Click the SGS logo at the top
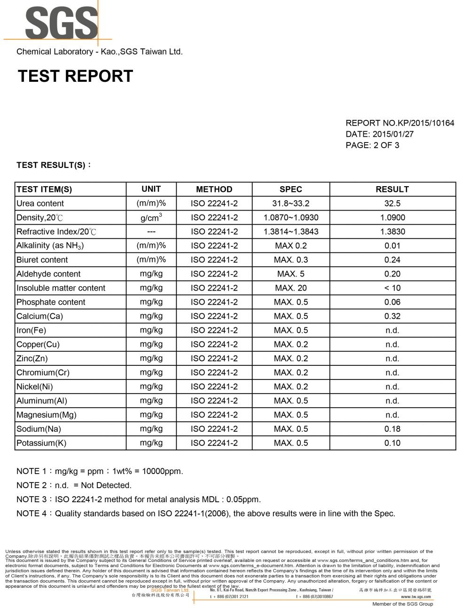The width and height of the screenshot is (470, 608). pyautogui.click(x=61, y=22)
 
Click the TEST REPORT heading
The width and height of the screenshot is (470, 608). pyautogui.click(x=75, y=76)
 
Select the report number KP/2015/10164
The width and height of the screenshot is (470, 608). pyautogui.click(x=426, y=123)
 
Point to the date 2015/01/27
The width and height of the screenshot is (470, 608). pyautogui.click(x=393, y=134)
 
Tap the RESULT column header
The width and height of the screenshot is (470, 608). pyautogui.click(x=392, y=190)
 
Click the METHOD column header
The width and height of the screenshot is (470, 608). pyautogui.click(x=214, y=190)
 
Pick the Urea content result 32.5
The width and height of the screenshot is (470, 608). pyautogui.click(x=392, y=204)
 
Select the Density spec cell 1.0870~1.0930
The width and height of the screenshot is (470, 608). pyautogui.click(x=290, y=218)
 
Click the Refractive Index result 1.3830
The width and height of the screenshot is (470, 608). pyautogui.click(x=392, y=232)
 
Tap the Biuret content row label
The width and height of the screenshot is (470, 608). pyautogui.click(x=42, y=260)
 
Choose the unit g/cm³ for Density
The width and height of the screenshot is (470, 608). pyautogui.click(x=151, y=218)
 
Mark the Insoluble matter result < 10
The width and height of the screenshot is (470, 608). pyautogui.click(x=392, y=288)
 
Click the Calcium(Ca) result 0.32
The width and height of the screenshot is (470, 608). pyautogui.click(x=392, y=316)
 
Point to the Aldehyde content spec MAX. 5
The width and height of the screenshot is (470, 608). pyautogui.click(x=290, y=274)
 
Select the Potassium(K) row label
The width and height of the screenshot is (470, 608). pyautogui.click(x=41, y=443)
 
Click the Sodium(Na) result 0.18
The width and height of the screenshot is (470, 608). pyautogui.click(x=392, y=429)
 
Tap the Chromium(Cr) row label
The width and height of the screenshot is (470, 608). pyautogui.click(x=43, y=373)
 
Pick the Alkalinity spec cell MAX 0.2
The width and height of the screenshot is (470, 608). pyautogui.click(x=290, y=246)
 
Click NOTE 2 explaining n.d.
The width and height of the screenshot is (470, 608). pyautogui.click(x=74, y=485)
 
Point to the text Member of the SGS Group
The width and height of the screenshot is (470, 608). pyautogui.click(x=402, y=604)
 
